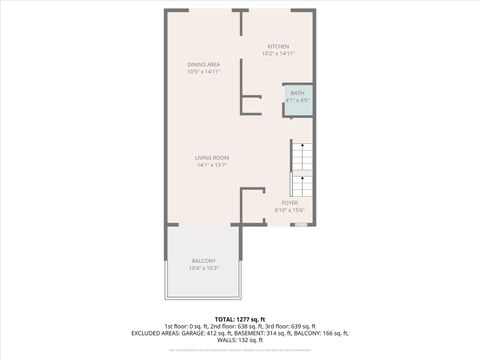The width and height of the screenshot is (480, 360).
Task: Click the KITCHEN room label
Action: pyautogui.click(x=278, y=46)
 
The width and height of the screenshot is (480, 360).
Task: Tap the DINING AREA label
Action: pyautogui.click(x=203, y=65)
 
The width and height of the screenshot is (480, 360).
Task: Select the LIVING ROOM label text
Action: pyautogui.click(x=212, y=158)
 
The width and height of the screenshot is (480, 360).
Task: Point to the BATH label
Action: pyautogui.click(x=298, y=93)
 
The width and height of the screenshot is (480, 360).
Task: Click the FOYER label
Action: pyautogui.click(x=289, y=203)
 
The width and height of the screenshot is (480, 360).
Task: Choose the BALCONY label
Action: pyautogui.click(x=203, y=261)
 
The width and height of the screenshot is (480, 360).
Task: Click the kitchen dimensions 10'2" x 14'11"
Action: pyautogui.click(x=278, y=53)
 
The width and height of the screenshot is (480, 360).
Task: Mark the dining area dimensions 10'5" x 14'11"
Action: pyautogui.click(x=203, y=72)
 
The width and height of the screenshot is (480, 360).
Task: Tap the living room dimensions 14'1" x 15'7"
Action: pyautogui.click(x=212, y=165)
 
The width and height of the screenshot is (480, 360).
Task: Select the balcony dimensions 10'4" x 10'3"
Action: pyautogui.click(x=203, y=268)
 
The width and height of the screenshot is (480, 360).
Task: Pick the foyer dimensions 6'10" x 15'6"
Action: pyautogui.click(x=289, y=210)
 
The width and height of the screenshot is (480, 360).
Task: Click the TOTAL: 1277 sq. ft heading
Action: pyautogui.click(x=239, y=319)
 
